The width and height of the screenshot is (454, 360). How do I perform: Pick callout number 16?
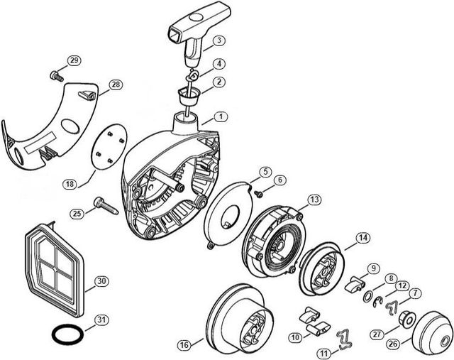(184, 345)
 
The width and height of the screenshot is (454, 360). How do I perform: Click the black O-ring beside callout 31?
(66, 332)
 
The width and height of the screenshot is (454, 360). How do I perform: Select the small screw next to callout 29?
(55, 75)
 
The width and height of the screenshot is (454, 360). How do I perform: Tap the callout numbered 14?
(362, 238)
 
